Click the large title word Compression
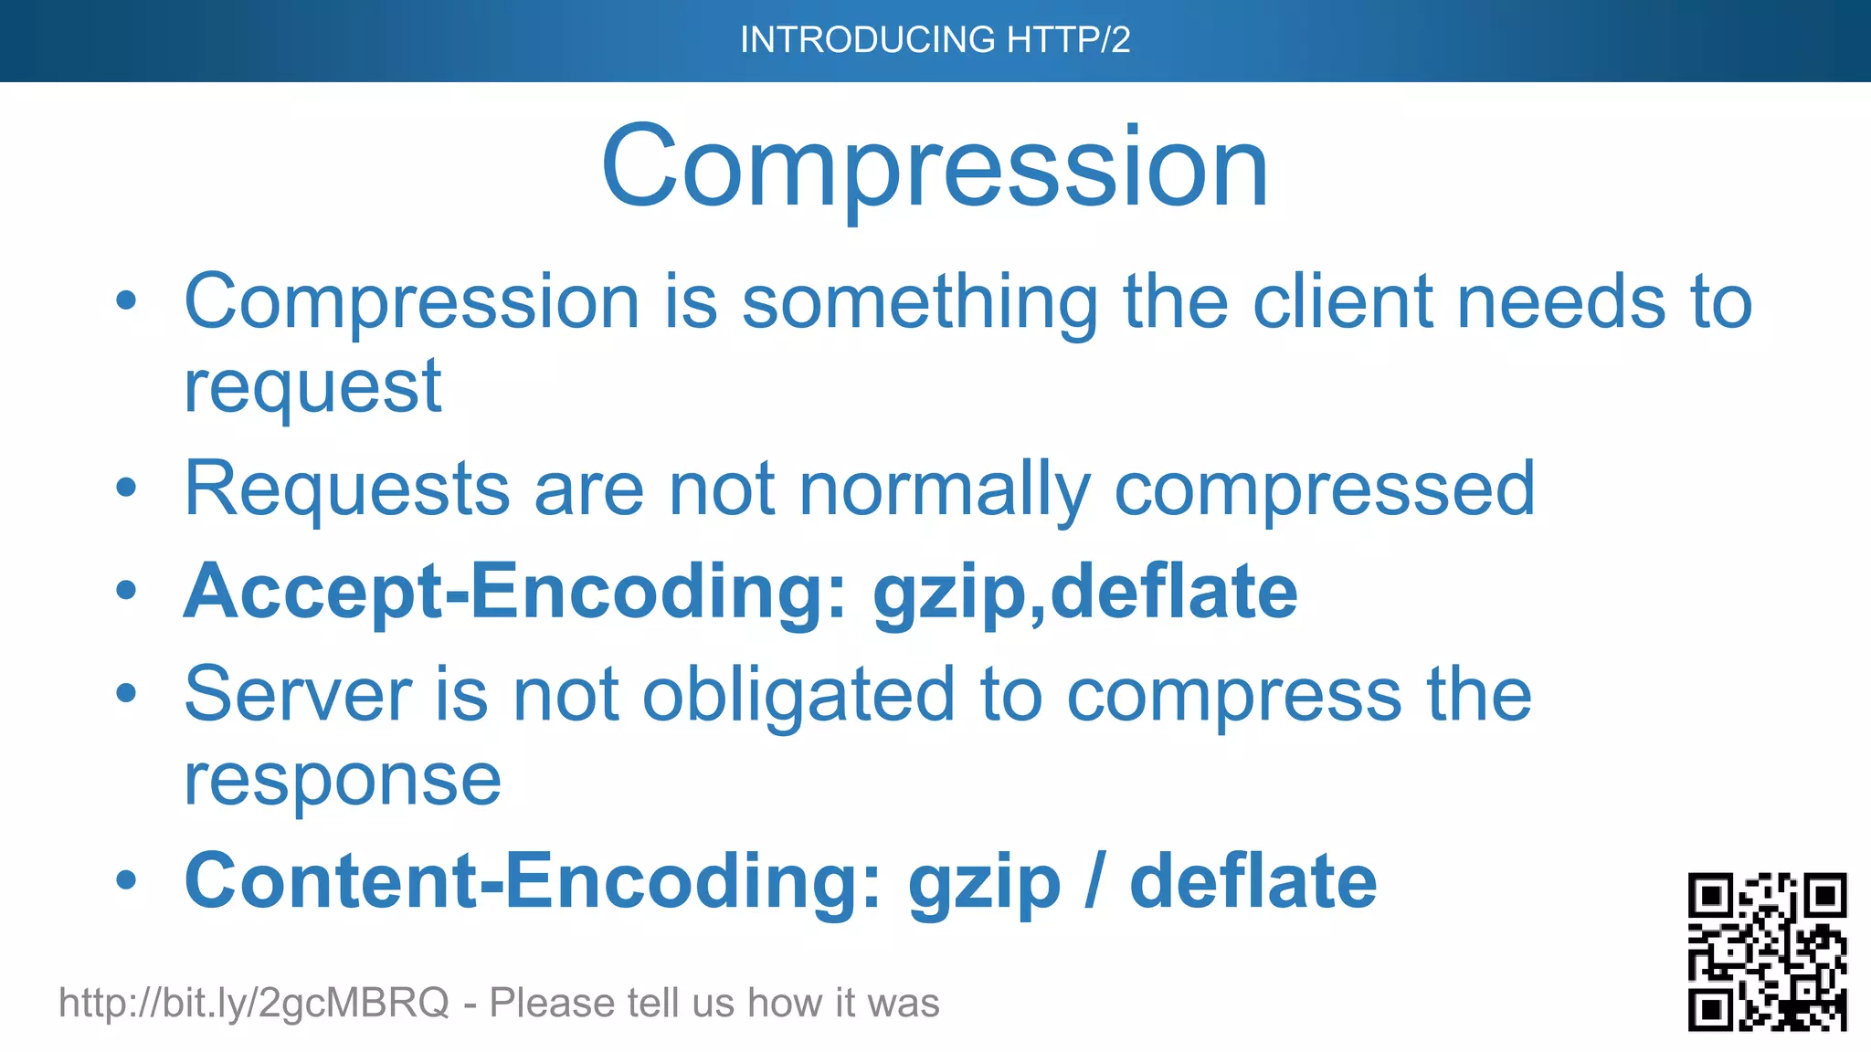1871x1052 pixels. click(935, 168)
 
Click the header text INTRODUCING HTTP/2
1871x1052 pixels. click(935, 40)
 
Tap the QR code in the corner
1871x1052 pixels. click(1767, 951)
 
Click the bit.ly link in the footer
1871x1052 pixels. click(254, 1003)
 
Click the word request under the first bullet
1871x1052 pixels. click(312, 387)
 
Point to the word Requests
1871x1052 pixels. click(347, 489)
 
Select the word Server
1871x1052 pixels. click(298, 695)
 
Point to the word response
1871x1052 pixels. click(343, 781)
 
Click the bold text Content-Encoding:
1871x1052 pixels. click(534, 881)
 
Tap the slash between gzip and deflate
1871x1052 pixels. click(1094, 881)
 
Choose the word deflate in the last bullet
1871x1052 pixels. click(1253, 881)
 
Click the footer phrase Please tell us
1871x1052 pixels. click(610, 1003)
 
